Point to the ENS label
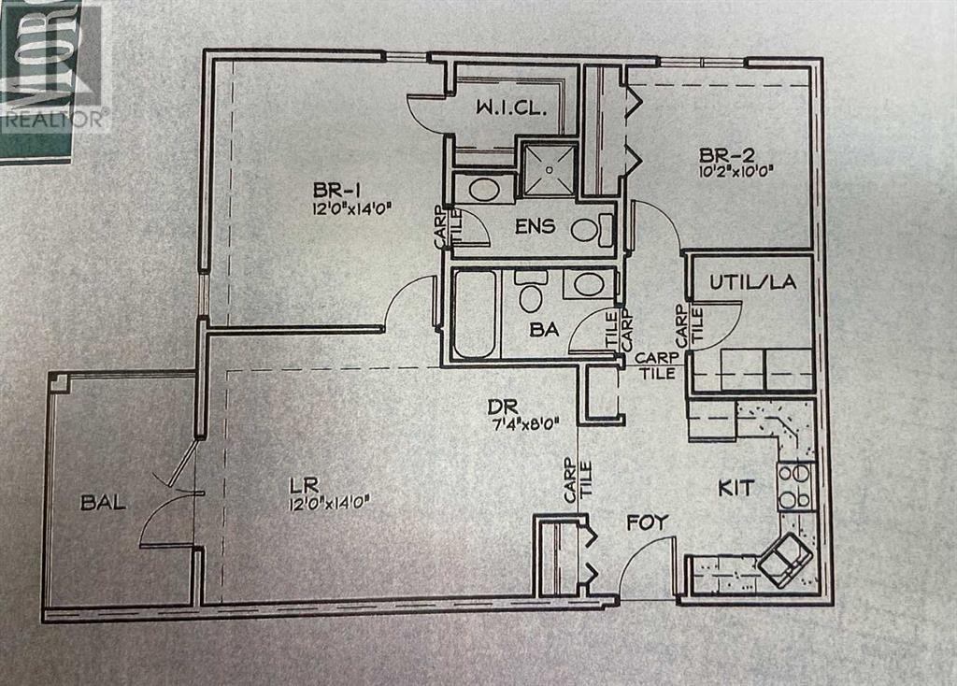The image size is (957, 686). [534, 225]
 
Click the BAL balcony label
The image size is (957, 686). [103, 503]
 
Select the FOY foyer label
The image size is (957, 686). [648, 522]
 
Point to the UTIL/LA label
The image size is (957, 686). [752, 282]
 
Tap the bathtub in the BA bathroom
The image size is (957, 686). [474, 313]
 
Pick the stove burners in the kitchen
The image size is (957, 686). [795, 486]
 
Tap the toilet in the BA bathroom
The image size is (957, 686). [531, 293]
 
